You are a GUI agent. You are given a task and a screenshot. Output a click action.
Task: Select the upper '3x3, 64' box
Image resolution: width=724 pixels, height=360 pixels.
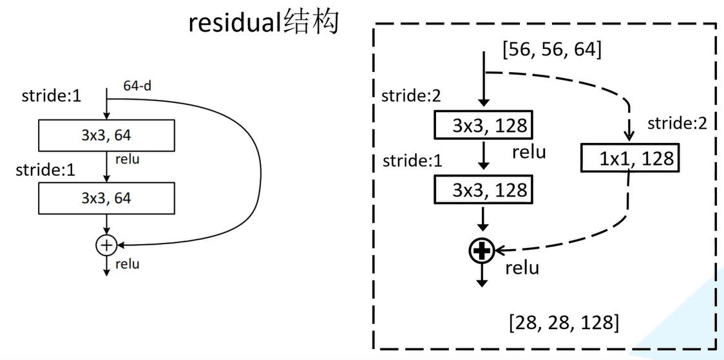(x=106, y=135)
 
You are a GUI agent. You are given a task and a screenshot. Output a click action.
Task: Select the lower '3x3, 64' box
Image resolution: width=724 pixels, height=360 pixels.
(x=106, y=198)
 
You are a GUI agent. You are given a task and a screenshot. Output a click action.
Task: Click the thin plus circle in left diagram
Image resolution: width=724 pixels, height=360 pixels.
(x=106, y=244)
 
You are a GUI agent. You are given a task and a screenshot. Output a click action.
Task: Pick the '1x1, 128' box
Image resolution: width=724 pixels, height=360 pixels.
(x=628, y=158)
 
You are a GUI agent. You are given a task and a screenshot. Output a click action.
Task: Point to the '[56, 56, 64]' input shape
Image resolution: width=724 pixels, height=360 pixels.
(x=551, y=49)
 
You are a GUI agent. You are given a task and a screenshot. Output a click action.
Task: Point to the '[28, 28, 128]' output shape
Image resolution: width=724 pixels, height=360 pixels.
(x=564, y=322)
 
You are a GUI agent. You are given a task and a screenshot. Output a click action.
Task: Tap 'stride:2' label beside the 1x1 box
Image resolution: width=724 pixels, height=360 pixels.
(x=677, y=123)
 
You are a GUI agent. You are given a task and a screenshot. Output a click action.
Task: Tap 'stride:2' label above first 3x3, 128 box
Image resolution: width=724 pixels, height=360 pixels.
(x=412, y=96)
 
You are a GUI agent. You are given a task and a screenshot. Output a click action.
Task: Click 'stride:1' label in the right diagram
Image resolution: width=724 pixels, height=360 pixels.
(x=412, y=160)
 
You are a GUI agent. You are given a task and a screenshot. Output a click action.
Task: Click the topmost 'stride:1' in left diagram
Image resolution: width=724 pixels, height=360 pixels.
(x=52, y=97)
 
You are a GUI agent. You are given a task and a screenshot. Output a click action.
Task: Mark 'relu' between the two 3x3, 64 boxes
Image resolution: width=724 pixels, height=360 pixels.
(x=127, y=159)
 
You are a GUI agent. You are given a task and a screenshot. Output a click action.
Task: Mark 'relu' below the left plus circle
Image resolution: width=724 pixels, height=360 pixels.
(x=127, y=264)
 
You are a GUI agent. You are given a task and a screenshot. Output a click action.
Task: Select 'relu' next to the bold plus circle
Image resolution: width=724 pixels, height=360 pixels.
(x=522, y=267)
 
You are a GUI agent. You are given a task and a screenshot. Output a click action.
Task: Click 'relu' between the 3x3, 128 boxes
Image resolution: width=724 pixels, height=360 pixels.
(x=529, y=153)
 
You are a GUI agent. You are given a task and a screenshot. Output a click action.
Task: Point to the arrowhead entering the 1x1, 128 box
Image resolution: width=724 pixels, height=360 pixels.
(x=629, y=137)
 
